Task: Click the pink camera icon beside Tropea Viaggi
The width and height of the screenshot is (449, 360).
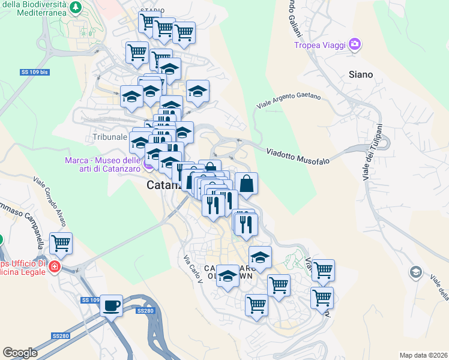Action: (355, 44)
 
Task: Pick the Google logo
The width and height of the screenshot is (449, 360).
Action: (20, 352)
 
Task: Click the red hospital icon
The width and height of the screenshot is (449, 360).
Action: (54, 266)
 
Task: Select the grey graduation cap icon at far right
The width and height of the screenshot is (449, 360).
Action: (415, 273)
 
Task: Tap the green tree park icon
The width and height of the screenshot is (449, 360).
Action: (76, 7)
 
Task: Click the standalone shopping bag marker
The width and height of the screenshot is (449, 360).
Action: (247, 184)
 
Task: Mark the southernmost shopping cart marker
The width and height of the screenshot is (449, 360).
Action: (256, 305)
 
